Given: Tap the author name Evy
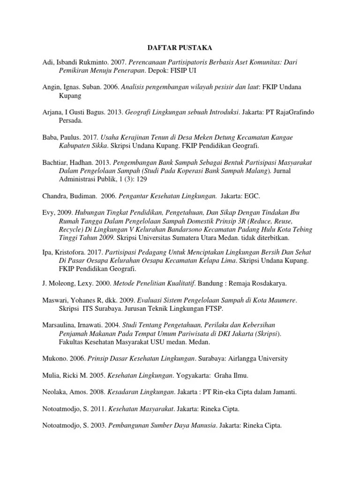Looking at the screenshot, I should [x=48, y=213].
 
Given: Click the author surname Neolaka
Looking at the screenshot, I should [x=55, y=392].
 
